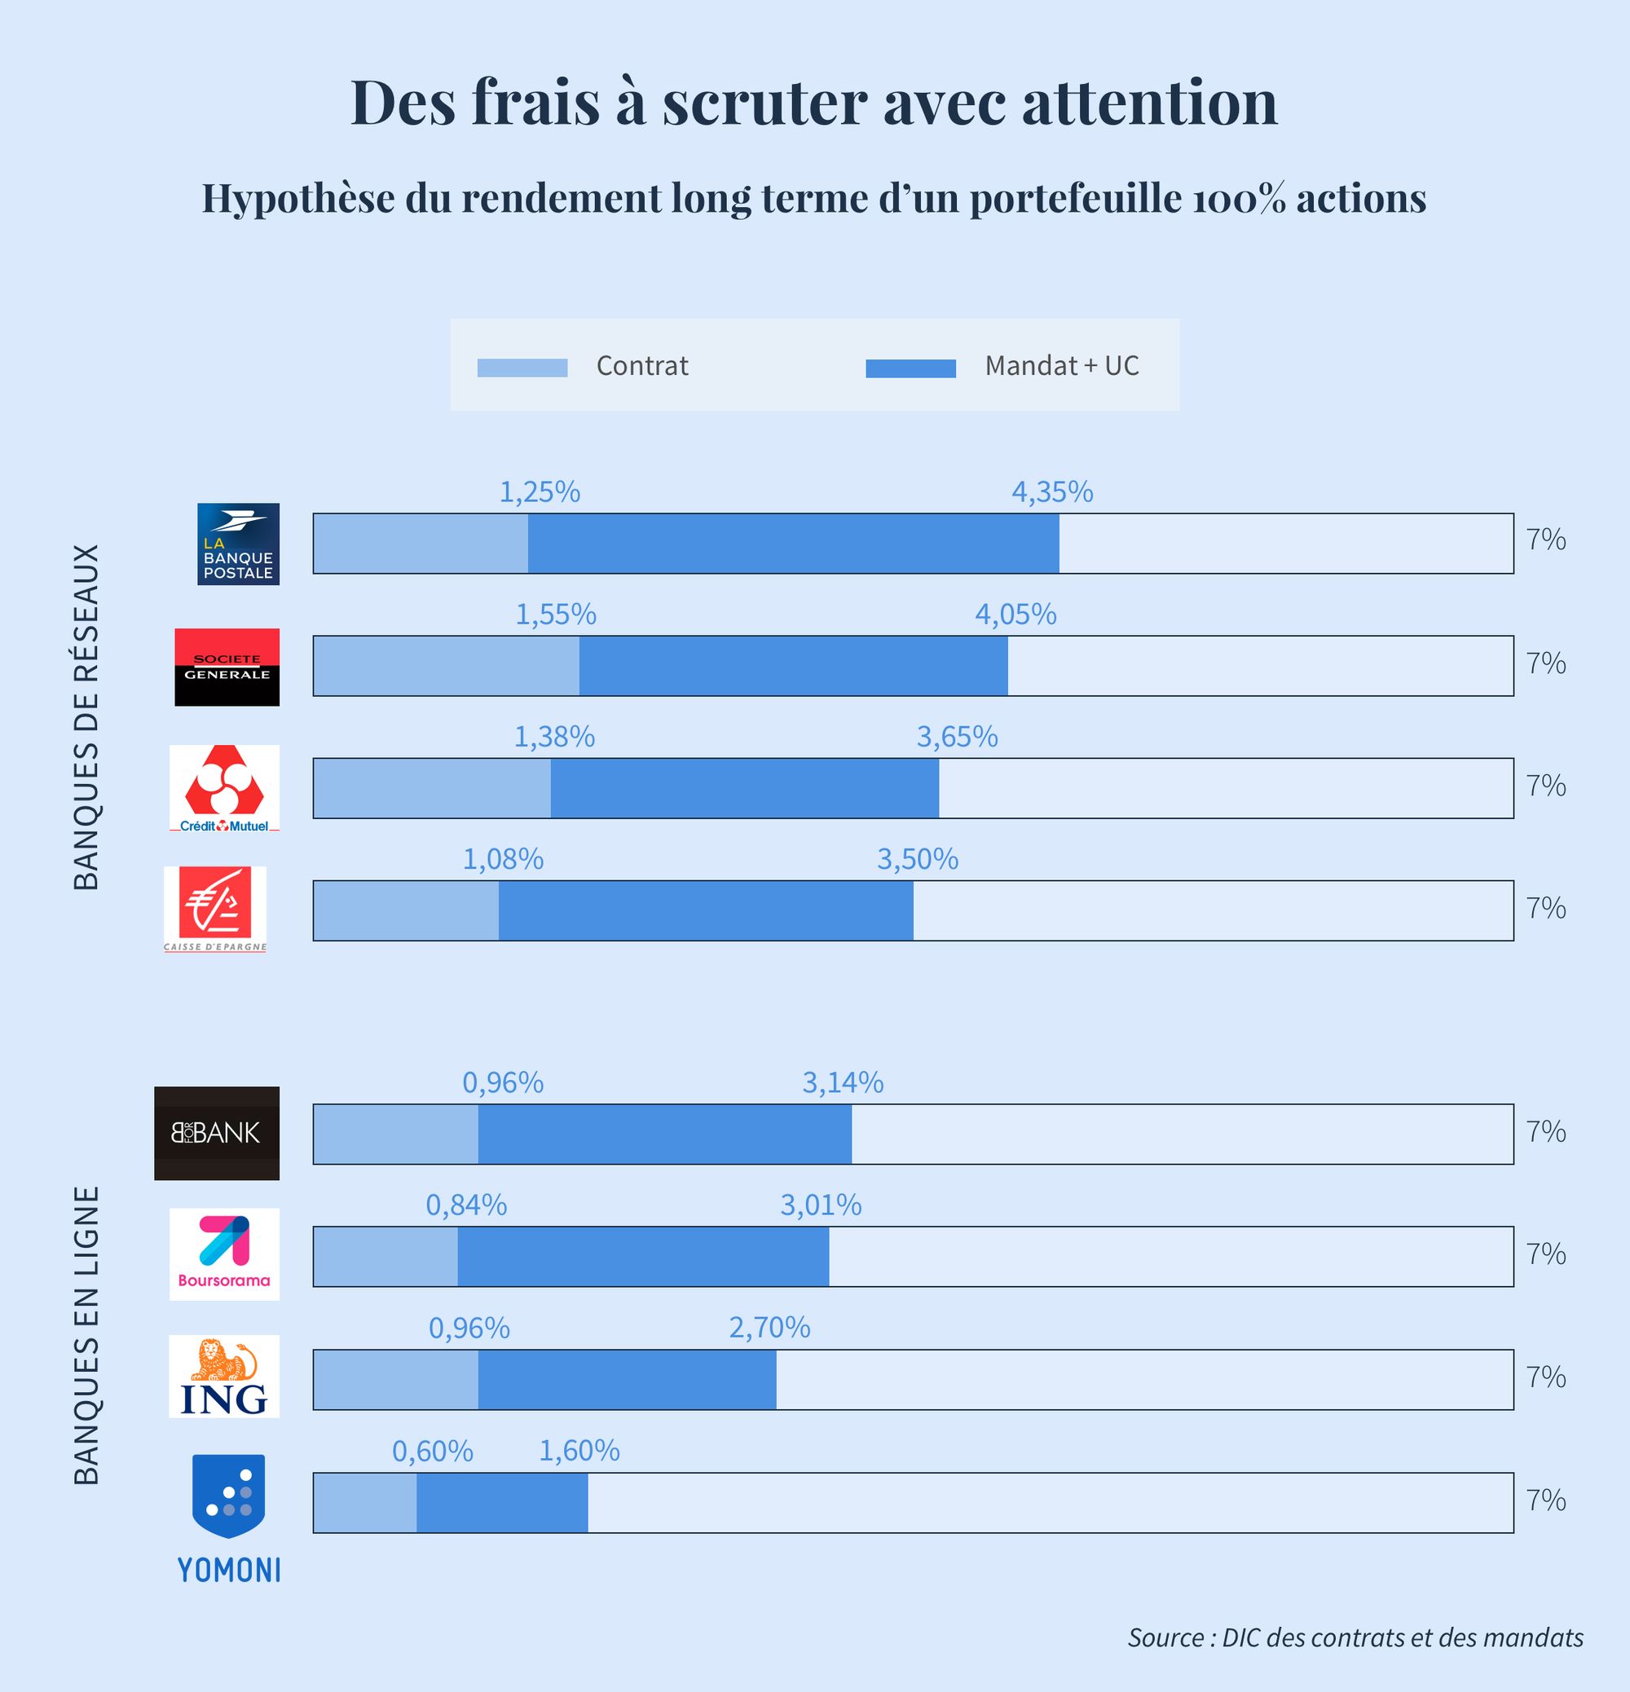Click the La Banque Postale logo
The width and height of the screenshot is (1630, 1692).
coord(238,544)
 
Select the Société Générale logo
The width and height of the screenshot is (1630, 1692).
coord(227,667)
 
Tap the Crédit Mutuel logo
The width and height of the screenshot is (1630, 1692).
coord(224,788)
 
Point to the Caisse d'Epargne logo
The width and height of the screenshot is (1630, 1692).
coord(215,909)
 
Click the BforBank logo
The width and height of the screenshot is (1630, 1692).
coord(217,1133)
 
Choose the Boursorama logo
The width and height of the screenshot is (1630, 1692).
coord(224,1254)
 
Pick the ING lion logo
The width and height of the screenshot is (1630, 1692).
coord(224,1376)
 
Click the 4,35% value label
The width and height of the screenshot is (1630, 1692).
coord(1051,492)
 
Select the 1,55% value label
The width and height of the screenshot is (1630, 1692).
coord(556,615)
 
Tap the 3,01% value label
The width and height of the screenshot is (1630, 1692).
coord(820,1205)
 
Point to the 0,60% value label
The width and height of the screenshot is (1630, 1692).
coord(433,1451)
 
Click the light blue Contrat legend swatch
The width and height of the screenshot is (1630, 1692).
coord(522,368)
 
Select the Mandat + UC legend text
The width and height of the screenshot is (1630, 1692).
coord(1061,366)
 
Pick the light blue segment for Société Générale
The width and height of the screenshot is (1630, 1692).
coord(446,666)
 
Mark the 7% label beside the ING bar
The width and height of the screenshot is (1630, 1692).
coord(1545,1377)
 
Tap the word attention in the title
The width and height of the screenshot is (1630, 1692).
coord(1149,103)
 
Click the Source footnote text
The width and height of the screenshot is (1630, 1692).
coord(1355,1637)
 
